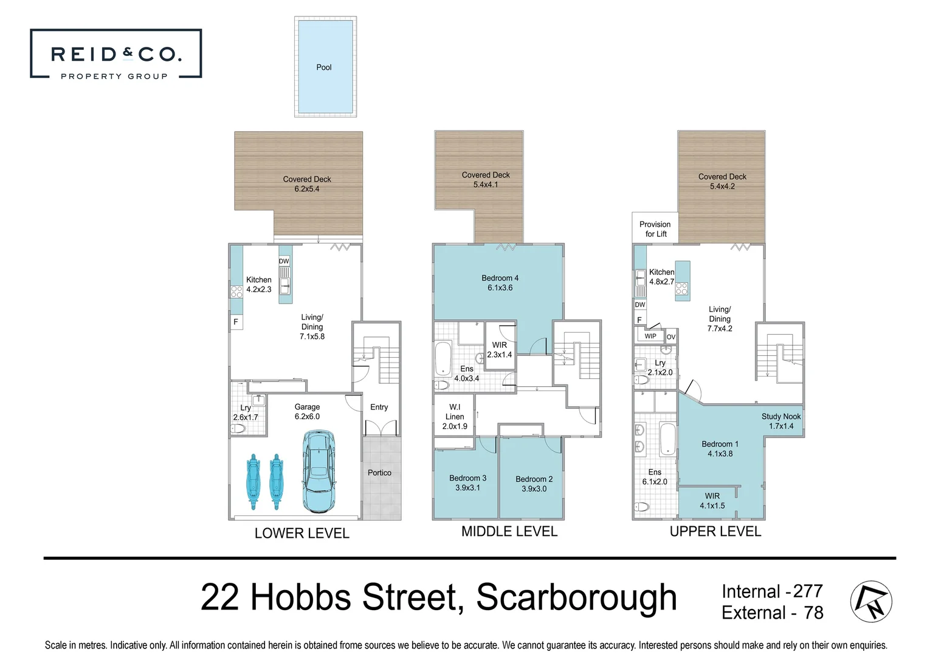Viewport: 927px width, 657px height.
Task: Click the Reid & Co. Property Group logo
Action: [115, 54]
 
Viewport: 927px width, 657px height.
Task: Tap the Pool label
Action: [324, 68]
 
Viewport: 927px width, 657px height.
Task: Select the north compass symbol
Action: [870, 601]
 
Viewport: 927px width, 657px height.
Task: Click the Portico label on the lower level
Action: [379, 473]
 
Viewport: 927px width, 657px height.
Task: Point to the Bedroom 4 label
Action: [500, 283]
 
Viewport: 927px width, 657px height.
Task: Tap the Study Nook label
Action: [781, 421]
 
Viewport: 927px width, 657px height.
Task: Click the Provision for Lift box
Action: [655, 229]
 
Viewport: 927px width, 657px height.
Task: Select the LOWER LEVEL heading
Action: [302, 534]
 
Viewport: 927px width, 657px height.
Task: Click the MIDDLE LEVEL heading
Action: [509, 532]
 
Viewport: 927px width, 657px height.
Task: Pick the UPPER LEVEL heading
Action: [715, 532]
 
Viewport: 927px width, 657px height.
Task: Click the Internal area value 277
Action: [808, 591]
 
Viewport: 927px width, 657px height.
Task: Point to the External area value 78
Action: [813, 613]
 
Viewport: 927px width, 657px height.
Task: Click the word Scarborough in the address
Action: [576, 597]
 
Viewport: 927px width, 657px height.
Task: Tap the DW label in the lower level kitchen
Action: [284, 261]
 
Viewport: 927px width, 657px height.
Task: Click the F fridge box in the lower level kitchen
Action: [236, 322]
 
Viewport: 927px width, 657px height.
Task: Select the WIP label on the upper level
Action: [650, 336]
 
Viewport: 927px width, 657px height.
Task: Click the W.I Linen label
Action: [455, 417]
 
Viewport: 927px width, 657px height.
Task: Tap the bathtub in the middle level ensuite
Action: [443, 359]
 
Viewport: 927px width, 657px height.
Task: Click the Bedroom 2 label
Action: [534, 484]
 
